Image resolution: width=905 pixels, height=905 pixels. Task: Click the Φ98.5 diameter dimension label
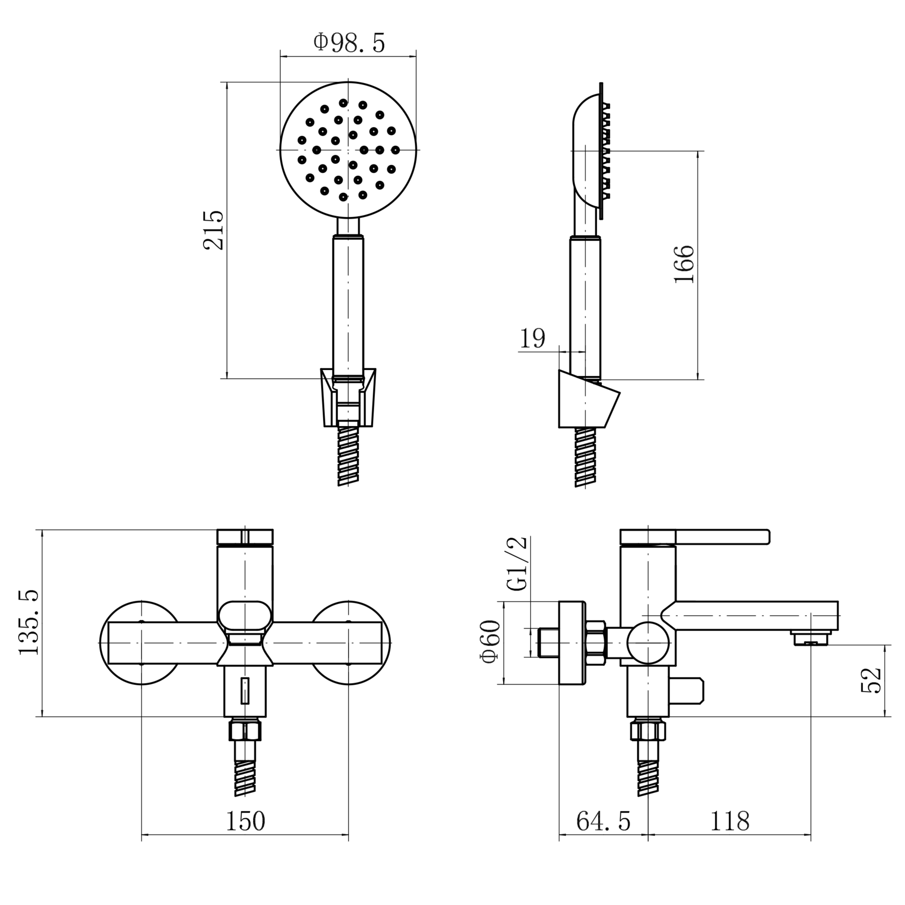pyautogui.click(x=349, y=43)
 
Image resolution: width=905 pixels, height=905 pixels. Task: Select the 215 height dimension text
pyautogui.click(x=214, y=230)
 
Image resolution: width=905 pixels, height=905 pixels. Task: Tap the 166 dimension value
pyautogui.click(x=684, y=264)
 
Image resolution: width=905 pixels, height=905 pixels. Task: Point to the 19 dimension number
pyautogui.click(x=532, y=338)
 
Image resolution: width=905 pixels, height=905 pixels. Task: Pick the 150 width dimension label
pyautogui.click(x=245, y=822)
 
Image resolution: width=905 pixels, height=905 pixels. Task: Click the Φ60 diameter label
pyautogui.click(x=492, y=642)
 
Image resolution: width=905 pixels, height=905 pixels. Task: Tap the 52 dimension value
pyautogui.click(x=871, y=680)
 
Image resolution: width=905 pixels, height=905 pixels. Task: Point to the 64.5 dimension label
pyautogui.click(x=603, y=822)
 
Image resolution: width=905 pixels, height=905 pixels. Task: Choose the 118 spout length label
pyautogui.click(x=730, y=822)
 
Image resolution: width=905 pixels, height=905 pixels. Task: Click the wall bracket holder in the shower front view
pyautogui.click(x=348, y=398)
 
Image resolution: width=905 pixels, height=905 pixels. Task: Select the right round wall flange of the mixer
pyautogui.click(x=349, y=643)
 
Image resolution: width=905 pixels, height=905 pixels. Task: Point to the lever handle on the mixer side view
pyautogui.click(x=695, y=537)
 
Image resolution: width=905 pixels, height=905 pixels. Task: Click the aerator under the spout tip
pyautogui.click(x=810, y=638)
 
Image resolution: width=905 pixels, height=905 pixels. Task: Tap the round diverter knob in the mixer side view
pyautogui.click(x=649, y=643)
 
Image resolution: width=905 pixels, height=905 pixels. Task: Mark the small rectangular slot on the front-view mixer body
pyautogui.click(x=245, y=691)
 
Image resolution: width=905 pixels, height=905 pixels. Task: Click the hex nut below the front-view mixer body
pyautogui.click(x=245, y=731)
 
